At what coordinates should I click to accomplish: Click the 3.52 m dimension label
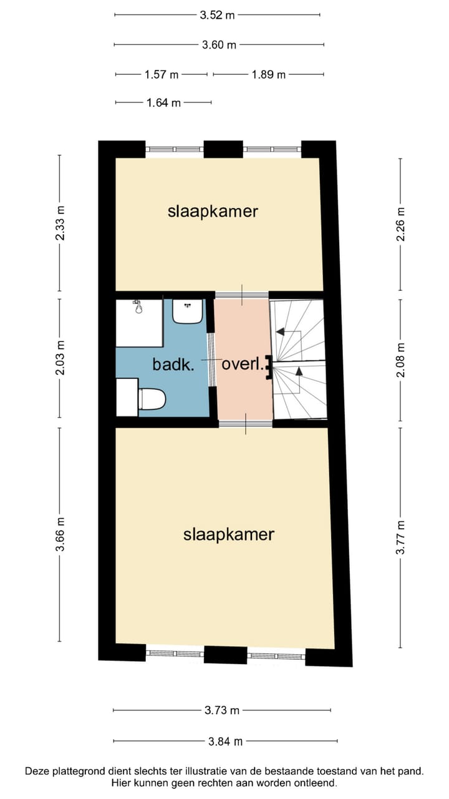217,15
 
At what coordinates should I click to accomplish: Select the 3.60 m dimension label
219,45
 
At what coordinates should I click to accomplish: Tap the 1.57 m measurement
162,75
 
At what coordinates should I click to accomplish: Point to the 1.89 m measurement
269,75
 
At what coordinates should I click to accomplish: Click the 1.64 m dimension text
163,103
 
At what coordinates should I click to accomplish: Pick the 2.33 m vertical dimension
60,223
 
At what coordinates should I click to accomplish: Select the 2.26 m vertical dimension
401,224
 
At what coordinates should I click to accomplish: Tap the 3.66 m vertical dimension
60,534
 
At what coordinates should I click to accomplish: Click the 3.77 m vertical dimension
401,537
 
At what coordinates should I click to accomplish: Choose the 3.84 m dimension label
225,742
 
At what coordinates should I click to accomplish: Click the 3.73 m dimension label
222,710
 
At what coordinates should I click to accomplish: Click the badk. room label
173,365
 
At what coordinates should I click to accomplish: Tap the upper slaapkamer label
213,211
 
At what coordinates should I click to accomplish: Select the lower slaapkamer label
229,534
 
